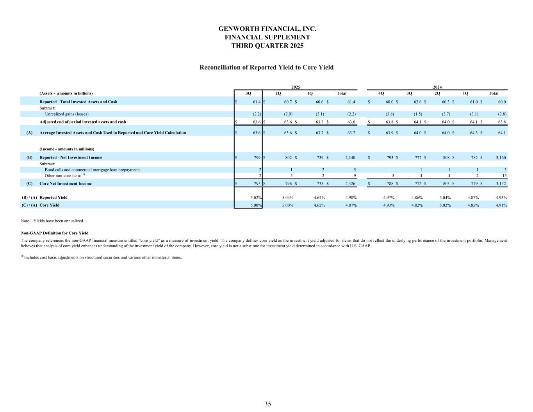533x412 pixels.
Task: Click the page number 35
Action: click(x=267, y=404)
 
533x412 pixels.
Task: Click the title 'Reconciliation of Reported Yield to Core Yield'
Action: click(x=266, y=67)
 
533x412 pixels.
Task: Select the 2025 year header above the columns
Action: click(x=296, y=87)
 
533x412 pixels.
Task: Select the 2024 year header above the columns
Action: click(x=437, y=87)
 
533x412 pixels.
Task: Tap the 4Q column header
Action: click(x=381, y=93)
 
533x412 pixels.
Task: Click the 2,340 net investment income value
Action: click(x=350, y=158)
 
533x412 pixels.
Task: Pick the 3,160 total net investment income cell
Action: click(x=501, y=158)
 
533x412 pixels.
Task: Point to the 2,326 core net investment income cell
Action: click(x=350, y=184)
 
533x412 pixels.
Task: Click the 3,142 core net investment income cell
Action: click(x=501, y=184)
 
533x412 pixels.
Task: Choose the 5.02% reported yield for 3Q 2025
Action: click(x=256, y=198)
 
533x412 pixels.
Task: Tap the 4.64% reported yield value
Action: click(x=319, y=198)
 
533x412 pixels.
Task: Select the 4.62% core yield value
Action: click(x=319, y=205)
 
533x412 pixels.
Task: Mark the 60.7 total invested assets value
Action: click(x=289, y=102)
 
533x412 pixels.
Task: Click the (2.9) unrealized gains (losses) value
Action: click(x=288, y=114)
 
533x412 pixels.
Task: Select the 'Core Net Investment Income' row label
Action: click(x=66, y=184)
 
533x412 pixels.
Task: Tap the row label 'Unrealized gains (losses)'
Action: click(x=67, y=114)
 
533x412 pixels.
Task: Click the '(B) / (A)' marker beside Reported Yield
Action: click(x=29, y=198)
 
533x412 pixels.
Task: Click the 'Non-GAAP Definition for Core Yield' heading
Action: click(x=55, y=233)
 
